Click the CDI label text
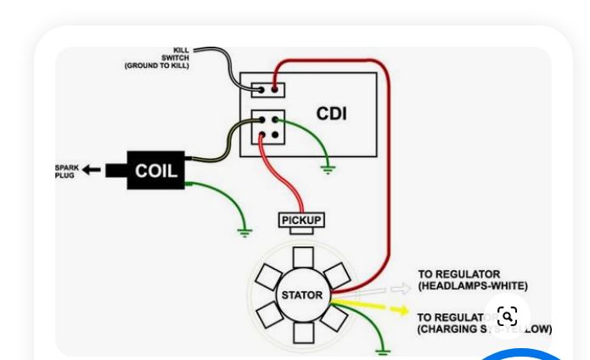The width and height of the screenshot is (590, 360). click(x=331, y=113)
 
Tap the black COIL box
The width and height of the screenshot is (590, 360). click(x=156, y=171)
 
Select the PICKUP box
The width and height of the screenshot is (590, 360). click(x=301, y=221)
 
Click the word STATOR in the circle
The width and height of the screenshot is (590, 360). click(x=302, y=295)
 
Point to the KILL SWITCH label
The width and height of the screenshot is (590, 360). click(x=180, y=54)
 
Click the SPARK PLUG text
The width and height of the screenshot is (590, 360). click(x=66, y=172)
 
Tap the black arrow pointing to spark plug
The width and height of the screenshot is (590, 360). click(x=92, y=171)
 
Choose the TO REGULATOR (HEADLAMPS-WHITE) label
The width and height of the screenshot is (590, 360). click(x=472, y=280)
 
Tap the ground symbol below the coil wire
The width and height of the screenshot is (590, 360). click(x=244, y=230)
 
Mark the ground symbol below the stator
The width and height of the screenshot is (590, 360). click(x=383, y=349)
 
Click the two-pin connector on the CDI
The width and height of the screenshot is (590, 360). click(x=268, y=89)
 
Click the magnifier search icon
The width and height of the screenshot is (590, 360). click(x=508, y=317)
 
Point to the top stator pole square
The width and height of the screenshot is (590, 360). click(x=302, y=258)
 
